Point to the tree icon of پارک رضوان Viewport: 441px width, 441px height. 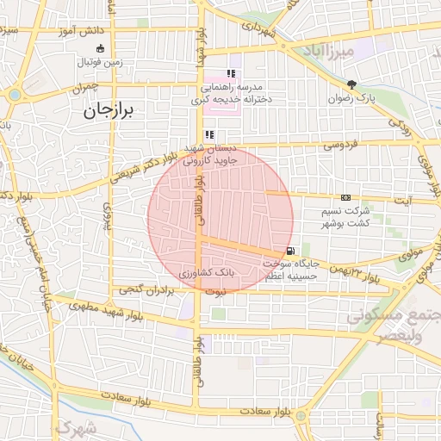pyautogui.click(x=351, y=84)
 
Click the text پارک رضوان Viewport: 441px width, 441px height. pyautogui.click(x=351, y=98)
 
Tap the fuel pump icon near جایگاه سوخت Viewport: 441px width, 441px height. pyautogui.click(x=276, y=251)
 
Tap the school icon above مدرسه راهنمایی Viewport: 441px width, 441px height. pyautogui.click(x=230, y=73)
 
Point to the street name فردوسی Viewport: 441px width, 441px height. pyautogui.click(x=342, y=146)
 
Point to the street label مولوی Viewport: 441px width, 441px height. pyautogui.click(x=410, y=252)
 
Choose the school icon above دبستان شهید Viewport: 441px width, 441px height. pyautogui.click(x=209, y=134)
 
